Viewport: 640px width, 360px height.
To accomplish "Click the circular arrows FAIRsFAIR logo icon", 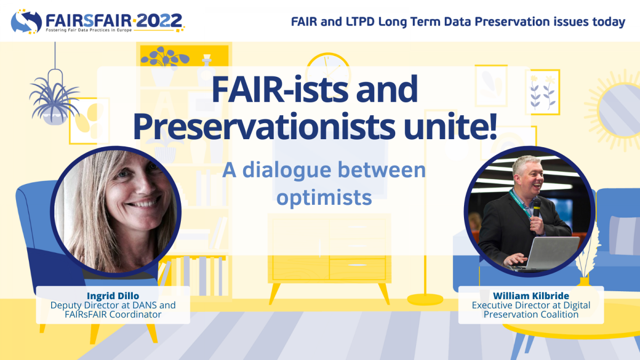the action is (26, 22).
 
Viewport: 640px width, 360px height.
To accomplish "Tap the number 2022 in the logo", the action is (159, 21).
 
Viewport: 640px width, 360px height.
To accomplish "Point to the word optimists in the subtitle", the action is (324, 197).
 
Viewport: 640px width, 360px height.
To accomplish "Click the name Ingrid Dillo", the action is (113, 295).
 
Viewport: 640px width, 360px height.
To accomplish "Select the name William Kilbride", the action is (531, 295).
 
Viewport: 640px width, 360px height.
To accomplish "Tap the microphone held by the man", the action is (537, 207).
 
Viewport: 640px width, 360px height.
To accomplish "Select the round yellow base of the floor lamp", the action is (425, 299).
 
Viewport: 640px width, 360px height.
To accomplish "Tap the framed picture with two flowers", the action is (542, 92).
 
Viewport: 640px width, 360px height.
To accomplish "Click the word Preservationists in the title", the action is (265, 126).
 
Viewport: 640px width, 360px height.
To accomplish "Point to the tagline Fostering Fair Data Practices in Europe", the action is (89, 30).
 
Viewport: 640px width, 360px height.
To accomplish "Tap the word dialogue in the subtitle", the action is (287, 171).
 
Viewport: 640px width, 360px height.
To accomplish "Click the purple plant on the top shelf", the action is (165, 57).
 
